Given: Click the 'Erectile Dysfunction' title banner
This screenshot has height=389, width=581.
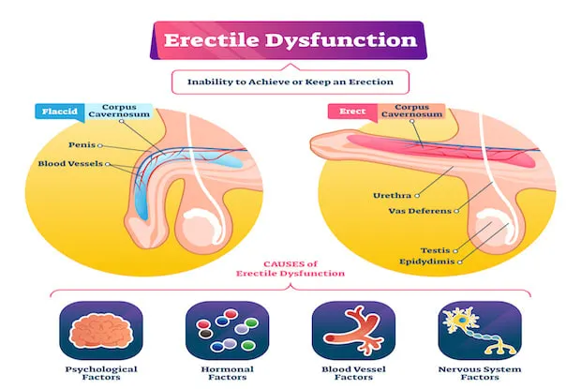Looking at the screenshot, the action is tap(289, 40).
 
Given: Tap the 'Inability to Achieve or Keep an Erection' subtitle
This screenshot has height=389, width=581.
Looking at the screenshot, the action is tap(290, 82).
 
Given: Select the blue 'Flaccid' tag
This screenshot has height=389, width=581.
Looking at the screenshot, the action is tap(60, 112).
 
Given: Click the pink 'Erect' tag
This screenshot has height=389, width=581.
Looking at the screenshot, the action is tap(352, 112).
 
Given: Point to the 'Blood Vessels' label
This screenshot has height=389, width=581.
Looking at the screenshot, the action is tap(70, 164).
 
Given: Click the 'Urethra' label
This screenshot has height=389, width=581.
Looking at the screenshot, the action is tap(392, 195).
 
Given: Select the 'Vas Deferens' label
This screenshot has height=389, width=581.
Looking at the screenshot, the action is tap(420, 211).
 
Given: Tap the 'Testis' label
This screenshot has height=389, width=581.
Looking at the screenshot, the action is tap(435, 250).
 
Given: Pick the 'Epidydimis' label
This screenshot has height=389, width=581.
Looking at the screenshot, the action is tap(427, 262).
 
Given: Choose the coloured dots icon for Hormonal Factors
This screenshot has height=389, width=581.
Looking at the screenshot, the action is tap(227, 331).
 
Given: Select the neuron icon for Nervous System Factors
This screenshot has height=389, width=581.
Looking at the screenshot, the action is tap(480, 331).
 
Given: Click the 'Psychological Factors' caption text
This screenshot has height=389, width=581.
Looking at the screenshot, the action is tap(101, 373).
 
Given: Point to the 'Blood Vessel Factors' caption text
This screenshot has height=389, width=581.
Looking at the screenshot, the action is tap(353, 373).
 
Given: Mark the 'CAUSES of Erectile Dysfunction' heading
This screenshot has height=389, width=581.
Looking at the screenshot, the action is tap(290, 269).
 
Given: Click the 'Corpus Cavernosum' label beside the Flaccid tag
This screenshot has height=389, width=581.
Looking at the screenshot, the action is tap(119, 111).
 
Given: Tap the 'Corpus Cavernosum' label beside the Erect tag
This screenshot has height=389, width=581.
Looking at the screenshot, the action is tap(411, 111).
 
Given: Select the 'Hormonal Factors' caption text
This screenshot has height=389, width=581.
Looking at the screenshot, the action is tap(227, 373).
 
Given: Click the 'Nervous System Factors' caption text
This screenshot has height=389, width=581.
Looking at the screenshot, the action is tap(480, 373).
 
